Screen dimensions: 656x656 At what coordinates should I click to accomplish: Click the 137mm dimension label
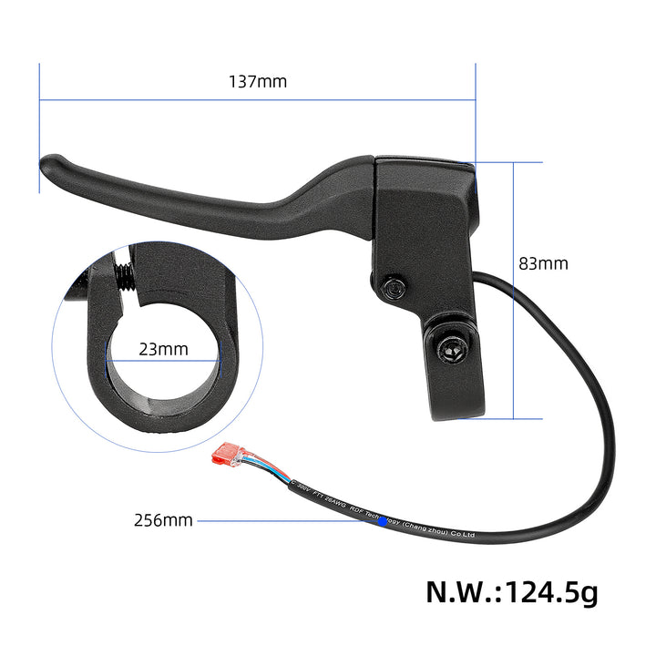coord(257,81)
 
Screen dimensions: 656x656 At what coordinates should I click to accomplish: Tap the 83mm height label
coord(544,263)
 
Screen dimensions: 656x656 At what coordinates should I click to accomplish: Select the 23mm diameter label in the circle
coord(164,348)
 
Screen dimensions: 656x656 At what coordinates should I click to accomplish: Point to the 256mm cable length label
coord(163,520)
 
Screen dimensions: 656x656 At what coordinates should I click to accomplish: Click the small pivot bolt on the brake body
coord(394,288)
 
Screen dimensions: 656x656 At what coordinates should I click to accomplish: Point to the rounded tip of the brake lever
coord(48,165)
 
